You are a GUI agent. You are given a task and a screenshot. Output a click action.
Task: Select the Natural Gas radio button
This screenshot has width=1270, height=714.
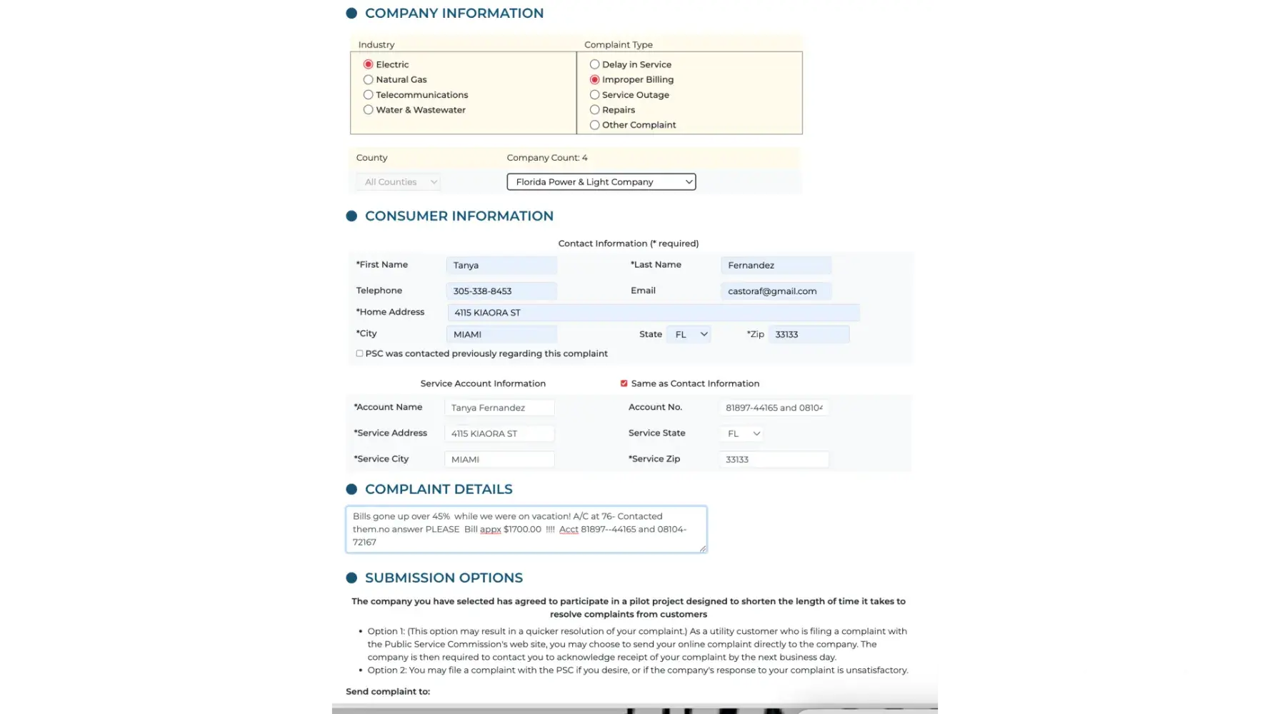369,80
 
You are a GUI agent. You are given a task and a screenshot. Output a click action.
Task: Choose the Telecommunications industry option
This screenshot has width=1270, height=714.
369,95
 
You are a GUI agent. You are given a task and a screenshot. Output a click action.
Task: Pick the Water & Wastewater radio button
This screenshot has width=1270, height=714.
369,110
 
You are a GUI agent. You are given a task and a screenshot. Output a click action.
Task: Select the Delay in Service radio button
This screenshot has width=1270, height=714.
594,64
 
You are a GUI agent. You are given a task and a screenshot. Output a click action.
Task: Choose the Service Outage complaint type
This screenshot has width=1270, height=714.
594,95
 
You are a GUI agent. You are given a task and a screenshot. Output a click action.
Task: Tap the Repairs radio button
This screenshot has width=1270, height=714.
594,110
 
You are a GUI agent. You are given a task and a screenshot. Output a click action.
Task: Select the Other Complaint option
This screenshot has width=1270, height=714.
594,125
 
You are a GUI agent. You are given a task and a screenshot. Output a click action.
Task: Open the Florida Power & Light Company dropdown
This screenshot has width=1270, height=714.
601,182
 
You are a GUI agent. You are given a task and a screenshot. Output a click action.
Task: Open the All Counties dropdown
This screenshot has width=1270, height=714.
398,182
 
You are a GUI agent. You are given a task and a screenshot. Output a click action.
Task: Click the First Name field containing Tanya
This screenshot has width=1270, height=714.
501,266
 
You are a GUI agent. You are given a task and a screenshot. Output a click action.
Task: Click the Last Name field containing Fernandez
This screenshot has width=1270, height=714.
776,266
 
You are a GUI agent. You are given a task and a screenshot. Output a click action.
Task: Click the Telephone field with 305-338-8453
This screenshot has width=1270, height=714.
501,291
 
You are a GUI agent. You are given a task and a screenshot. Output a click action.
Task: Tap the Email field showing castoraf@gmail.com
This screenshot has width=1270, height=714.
776,291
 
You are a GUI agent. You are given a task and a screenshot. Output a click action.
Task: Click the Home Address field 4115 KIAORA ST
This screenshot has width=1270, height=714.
653,313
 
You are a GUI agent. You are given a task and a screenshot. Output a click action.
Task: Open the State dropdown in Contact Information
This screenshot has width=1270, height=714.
689,334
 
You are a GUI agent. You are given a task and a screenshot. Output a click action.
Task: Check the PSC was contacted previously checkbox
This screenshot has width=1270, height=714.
359,353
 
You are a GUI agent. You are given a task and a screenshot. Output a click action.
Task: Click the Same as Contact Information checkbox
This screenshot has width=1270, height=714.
624,383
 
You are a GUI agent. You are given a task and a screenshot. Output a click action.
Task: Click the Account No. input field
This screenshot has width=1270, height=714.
774,408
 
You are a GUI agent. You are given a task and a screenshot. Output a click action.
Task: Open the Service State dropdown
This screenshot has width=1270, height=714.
742,433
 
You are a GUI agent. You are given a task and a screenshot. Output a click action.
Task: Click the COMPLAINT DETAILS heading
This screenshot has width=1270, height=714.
439,489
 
